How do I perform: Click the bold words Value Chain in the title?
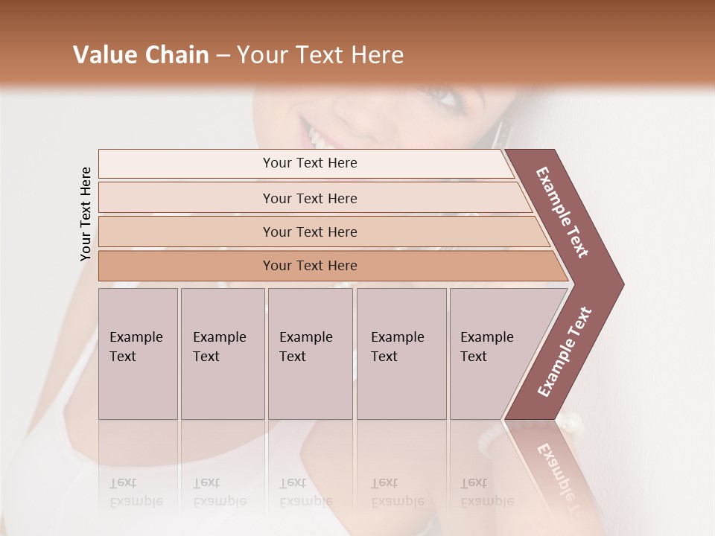(x=141, y=55)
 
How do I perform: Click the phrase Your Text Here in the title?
(x=320, y=55)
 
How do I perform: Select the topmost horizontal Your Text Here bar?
(x=310, y=163)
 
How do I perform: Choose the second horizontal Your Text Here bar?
(x=310, y=198)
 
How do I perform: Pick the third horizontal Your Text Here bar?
(x=310, y=232)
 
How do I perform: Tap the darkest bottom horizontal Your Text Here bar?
(x=310, y=266)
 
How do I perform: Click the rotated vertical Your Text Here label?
(x=86, y=214)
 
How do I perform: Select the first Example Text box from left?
(x=138, y=353)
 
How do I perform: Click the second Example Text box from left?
(x=222, y=353)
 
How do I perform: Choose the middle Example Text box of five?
(x=309, y=353)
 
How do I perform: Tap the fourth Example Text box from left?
(x=401, y=353)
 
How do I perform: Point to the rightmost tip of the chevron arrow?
(x=622, y=284)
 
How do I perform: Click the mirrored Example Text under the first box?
(x=136, y=492)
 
